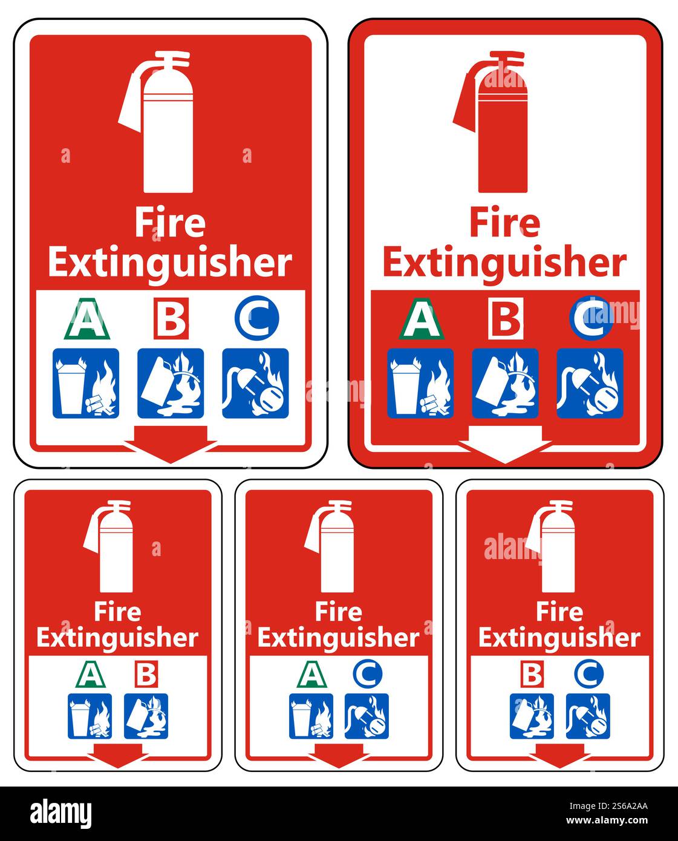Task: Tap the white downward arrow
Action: [x=505, y=444]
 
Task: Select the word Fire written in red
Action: [x=505, y=223]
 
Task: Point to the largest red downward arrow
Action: [x=171, y=444]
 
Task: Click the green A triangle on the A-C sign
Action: [x=311, y=674]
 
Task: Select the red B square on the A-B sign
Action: [x=146, y=674]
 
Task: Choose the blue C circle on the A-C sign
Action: [x=367, y=673]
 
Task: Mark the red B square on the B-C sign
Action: [x=532, y=674]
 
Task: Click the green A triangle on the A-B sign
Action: [x=90, y=674]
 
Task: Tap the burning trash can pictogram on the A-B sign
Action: [x=90, y=716]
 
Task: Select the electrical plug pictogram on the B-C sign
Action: [x=588, y=716]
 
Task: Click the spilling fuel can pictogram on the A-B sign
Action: [x=146, y=716]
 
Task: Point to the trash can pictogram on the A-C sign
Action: [x=311, y=716]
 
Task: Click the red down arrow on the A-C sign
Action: [x=339, y=756]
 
